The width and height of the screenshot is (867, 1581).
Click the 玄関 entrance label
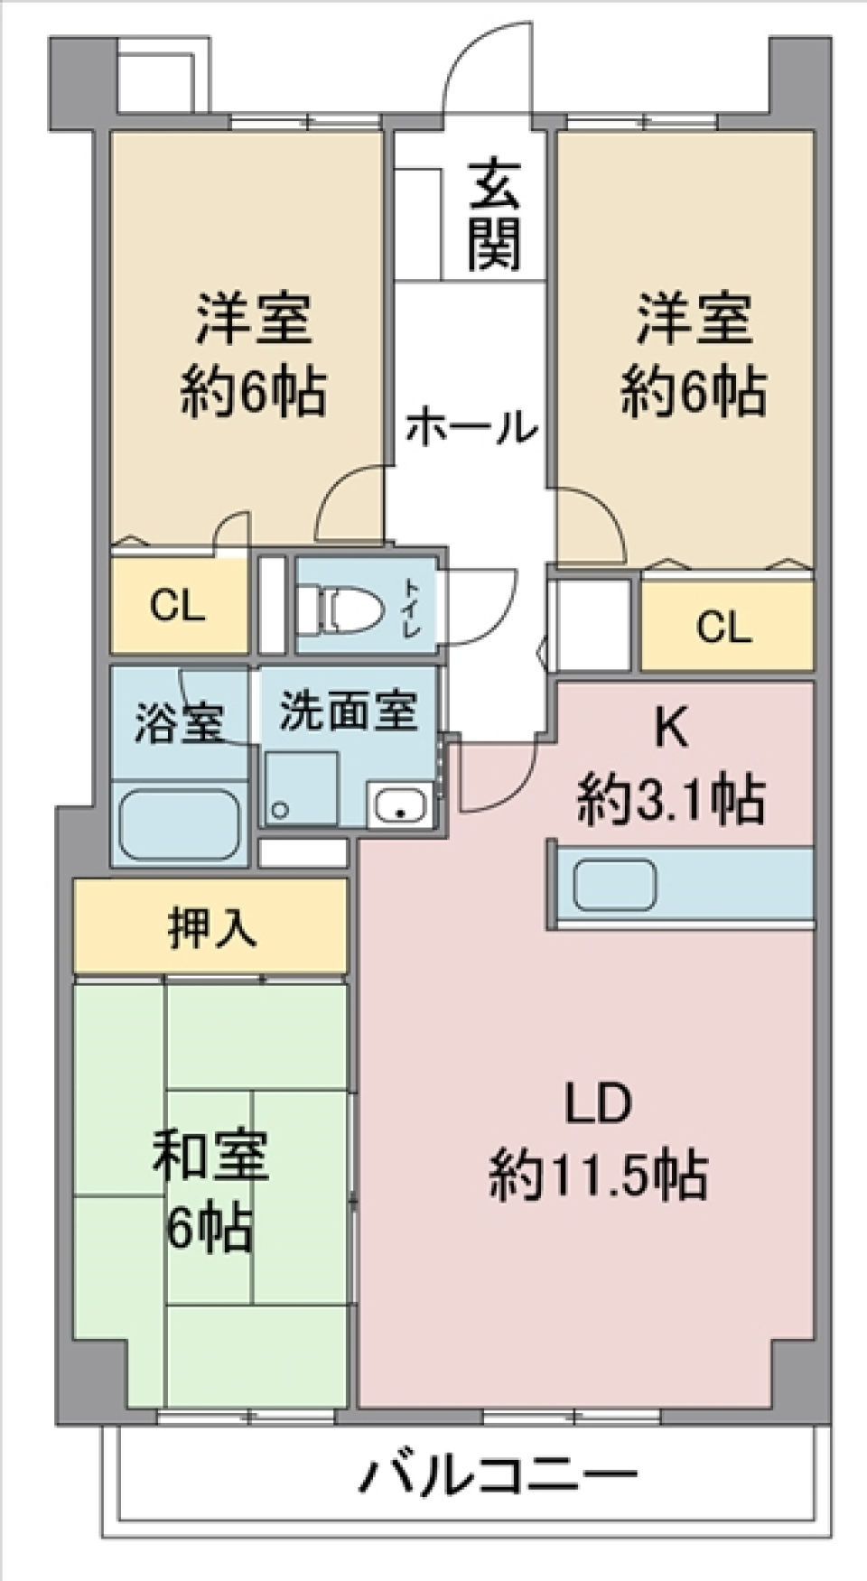[x=494, y=215]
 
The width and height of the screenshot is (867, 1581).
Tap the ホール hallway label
[x=471, y=427]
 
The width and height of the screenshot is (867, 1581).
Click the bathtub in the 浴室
[x=179, y=823]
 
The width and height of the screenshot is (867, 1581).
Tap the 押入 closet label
[x=211, y=927]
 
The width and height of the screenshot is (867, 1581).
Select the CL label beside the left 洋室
[x=178, y=606]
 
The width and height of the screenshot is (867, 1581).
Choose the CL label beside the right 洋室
[x=723, y=627]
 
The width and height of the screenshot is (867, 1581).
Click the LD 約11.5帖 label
[x=597, y=1140]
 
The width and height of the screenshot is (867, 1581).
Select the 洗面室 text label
[x=348, y=711]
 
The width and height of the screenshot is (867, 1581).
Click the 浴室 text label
[x=179, y=722]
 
